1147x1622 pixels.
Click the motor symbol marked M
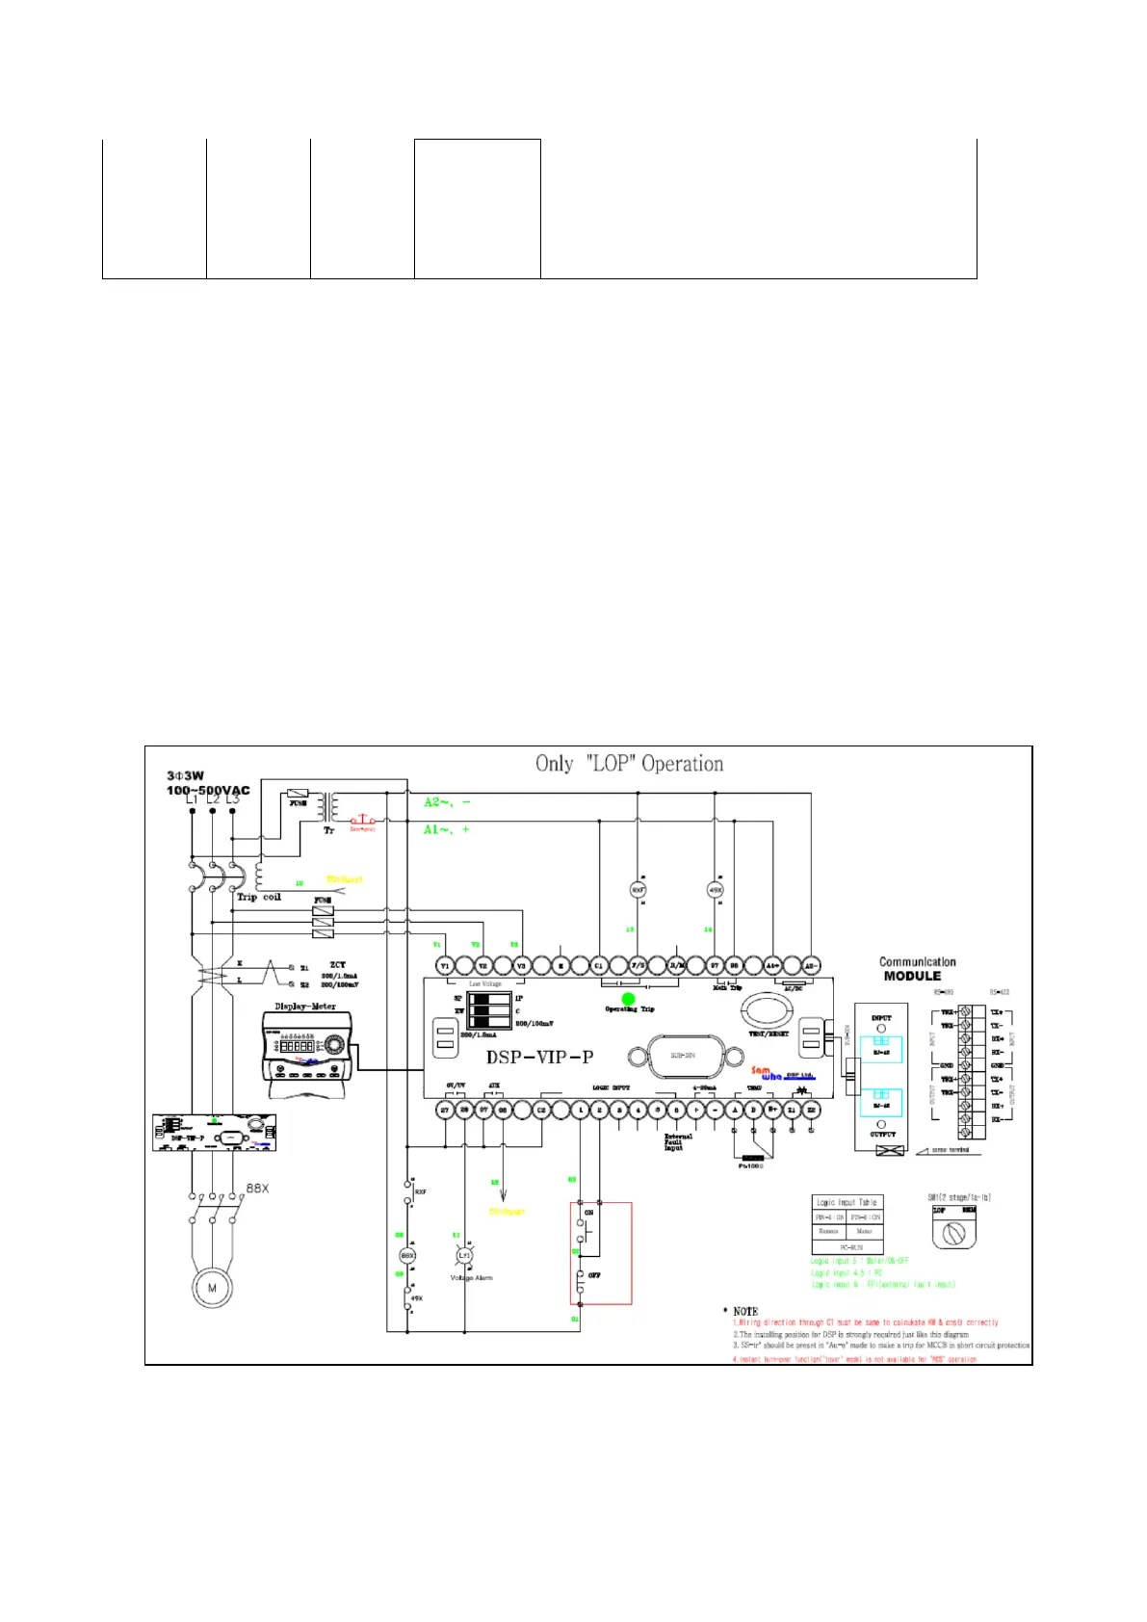tap(212, 1288)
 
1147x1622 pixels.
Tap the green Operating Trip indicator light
tap(628, 1000)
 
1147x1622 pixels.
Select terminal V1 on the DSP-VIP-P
tap(445, 966)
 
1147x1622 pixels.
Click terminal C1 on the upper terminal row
tap(599, 966)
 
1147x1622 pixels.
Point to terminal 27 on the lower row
tap(445, 1111)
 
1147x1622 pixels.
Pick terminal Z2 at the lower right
tap(811, 1111)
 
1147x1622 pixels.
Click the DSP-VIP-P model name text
tap(539, 1057)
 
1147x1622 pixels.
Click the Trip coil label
tap(259, 897)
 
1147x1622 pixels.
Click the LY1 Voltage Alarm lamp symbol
tap(464, 1256)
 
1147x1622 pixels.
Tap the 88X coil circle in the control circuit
tap(407, 1256)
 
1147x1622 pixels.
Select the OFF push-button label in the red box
tap(594, 1275)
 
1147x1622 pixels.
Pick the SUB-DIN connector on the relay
tap(682, 1055)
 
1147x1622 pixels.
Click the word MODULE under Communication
tap(912, 976)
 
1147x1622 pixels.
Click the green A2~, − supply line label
tap(448, 802)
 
